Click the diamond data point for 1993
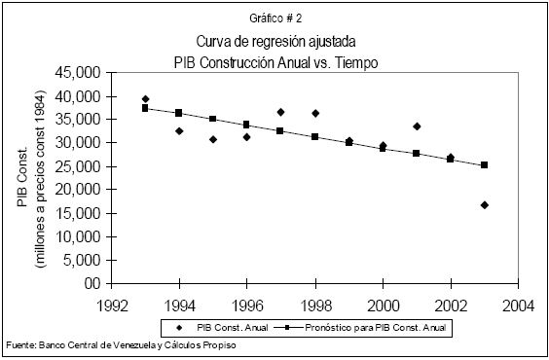[146, 99]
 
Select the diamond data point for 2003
[485, 205]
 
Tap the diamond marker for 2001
[417, 126]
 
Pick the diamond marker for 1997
[280, 112]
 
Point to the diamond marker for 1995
[213, 139]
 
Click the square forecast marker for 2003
[484, 164]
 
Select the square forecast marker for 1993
[145, 108]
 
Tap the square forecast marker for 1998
[314, 136]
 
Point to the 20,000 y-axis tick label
[78, 190]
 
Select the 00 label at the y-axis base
[92, 283]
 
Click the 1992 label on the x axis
[111, 306]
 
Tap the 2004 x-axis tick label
[518, 306]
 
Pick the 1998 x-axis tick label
[316, 306]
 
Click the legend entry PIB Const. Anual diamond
[180, 328]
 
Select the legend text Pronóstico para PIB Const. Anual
[376, 328]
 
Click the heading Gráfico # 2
[275, 18]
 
